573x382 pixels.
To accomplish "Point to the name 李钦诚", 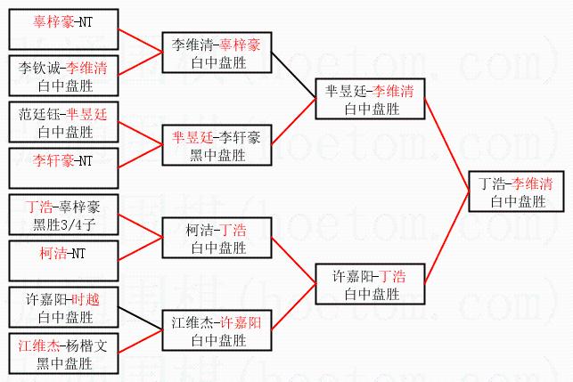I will (38, 68).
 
